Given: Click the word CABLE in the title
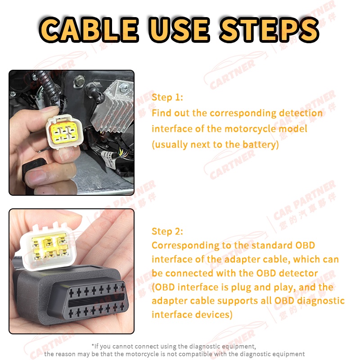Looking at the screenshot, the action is point(89,30).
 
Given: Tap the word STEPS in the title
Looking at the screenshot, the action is point(269,30).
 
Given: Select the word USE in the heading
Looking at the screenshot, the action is point(179,30).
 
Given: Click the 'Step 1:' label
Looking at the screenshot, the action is point(167,97).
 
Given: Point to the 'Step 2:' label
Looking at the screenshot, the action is point(167,231).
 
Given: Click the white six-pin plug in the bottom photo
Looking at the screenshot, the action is point(49,247).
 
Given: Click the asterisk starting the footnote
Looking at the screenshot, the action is point(93,345).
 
